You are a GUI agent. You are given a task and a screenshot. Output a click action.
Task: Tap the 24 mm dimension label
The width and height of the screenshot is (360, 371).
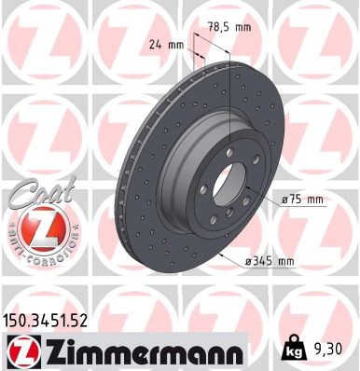pos(165,43)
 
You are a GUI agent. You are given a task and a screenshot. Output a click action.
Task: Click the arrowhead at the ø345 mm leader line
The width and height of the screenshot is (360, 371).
pos(223,254)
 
